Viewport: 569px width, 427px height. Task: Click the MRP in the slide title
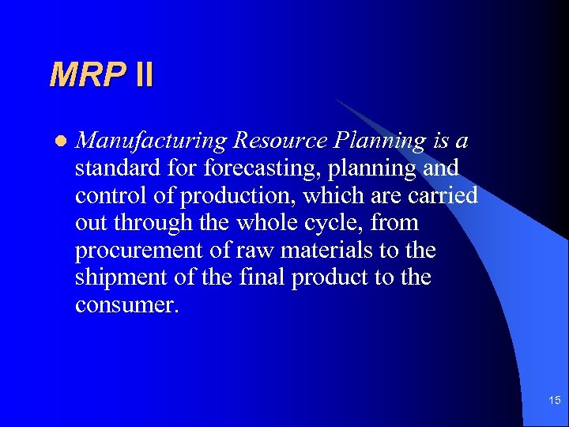87,75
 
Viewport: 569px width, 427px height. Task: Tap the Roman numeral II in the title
144,75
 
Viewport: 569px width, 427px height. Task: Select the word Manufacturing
152,141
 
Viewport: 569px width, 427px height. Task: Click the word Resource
282,141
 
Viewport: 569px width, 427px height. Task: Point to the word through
153,223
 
